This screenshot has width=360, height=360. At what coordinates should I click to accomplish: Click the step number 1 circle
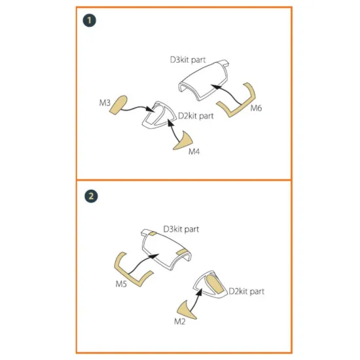(89, 20)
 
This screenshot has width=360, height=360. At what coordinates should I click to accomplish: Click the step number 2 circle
(91, 196)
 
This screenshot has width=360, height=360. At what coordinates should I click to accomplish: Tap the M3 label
(105, 103)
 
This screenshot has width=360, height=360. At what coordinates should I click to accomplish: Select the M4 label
(194, 152)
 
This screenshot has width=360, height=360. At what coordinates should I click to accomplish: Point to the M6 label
(256, 108)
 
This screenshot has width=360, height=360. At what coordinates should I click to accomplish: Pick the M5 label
(121, 284)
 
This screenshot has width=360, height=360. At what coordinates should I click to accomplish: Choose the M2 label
(180, 321)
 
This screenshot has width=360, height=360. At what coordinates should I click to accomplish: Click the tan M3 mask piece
(118, 105)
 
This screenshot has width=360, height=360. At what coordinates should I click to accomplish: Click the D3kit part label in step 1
(188, 60)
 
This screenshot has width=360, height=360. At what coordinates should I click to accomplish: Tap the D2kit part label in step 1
(196, 116)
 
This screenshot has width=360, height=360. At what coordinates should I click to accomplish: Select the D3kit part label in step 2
(181, 229)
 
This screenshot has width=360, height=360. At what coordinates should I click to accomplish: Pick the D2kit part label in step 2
(247, 291)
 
